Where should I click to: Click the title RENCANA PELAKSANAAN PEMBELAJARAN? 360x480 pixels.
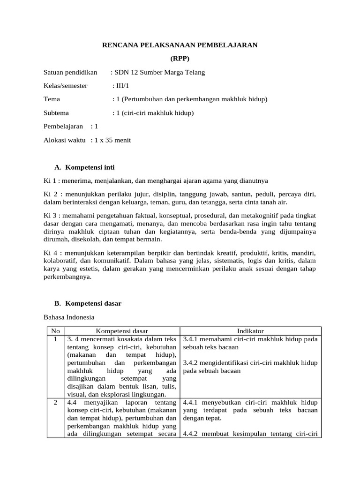(x=180, y=45)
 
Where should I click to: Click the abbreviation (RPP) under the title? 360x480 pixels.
(x=180, y=59)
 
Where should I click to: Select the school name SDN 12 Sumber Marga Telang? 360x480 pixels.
(x=159, y=72)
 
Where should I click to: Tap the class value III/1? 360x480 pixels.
(x=121, y=86)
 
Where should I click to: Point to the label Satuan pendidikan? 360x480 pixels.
(x=70, y=72)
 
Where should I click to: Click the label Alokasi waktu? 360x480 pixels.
(x=65, y=140)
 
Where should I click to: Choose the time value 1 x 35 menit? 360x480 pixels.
(x=112, y=140)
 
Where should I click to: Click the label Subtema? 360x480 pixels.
(x=56, y=113)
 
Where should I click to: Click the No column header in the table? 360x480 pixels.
(x=55, y=331)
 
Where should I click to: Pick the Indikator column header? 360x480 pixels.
(x=251, y=331)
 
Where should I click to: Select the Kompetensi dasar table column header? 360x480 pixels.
(x=122, y=331)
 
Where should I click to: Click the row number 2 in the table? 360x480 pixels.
(x=55, y=402)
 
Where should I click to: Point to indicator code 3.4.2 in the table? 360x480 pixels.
(x=191, y=363)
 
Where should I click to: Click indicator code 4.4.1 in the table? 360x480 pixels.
(x=191, y=402)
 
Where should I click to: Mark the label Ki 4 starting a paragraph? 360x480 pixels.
(x=51, y=252)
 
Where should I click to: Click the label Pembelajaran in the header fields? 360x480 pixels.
(x=63, y=126)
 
